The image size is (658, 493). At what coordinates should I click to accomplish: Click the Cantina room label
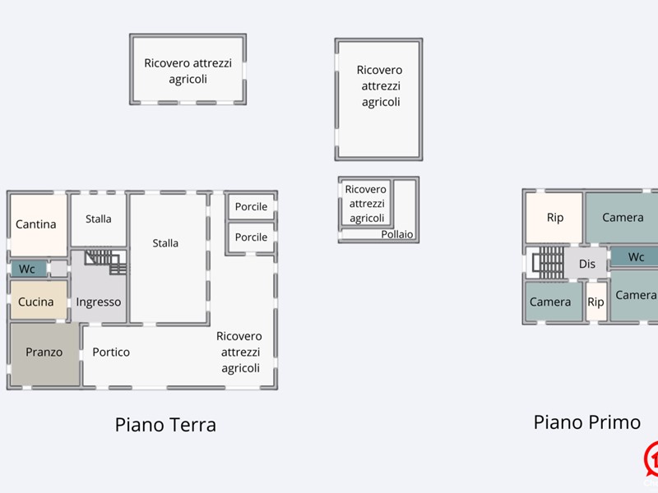click(x=36, y=224)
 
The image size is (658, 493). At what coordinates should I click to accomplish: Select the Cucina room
click(x=36, y=302)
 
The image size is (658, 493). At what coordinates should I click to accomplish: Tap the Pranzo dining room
click(x=44, y=352)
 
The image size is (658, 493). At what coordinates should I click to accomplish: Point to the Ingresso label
click(x=99, y=302)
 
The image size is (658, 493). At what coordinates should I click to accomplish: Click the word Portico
click(x=111, y=352)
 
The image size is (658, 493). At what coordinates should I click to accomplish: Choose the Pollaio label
click(x=397, y=235)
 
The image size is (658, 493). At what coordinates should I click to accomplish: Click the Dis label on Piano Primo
click(x=587, y=264)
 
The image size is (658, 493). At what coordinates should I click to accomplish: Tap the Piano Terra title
click(x=165, y=425)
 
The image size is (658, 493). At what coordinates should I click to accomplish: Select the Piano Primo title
click(x=586, y=422)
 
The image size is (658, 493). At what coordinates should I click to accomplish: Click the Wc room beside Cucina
click(x=27, y=269)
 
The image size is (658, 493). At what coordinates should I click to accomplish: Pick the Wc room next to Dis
click(x=636, y=257)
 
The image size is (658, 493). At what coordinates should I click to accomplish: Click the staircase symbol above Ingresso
click(x=106, y=262)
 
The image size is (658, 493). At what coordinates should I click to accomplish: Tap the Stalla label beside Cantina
click(x=99, y=219)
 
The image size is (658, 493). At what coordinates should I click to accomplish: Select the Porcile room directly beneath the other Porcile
click(x=251, y=237)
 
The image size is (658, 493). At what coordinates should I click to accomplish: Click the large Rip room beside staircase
click(x=555, y=218)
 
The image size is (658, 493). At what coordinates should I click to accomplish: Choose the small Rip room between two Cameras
click(x=595, y=302)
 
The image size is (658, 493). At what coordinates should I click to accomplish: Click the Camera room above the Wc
click(x=623, y=218)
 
